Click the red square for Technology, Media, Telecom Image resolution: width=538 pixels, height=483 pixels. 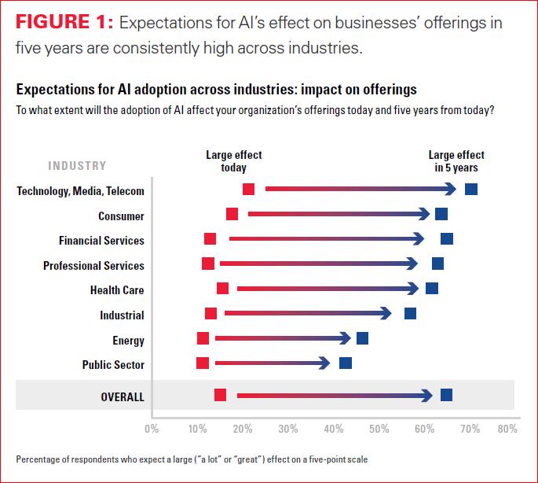click(x=248, y=189)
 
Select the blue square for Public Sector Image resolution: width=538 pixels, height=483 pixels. click(x=346, y=363)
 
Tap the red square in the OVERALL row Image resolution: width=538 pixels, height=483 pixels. click(x=220, y=395)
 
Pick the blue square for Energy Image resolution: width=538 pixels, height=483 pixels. click(x=362, y=338)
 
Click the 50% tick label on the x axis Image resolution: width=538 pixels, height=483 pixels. click(x=379, y=430)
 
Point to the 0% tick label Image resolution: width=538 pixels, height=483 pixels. click(x=152, y=430)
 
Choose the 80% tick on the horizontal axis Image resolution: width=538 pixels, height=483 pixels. click(x=507, y=430)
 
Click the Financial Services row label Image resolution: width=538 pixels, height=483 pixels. click(x=101, y=240)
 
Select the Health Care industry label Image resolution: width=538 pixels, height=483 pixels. click(x=117, y=290)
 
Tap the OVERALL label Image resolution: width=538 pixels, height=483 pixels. click(x=123, y=397)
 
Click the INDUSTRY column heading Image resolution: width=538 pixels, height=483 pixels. click(x=77, y=166)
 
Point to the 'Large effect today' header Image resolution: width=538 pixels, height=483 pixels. click(x=233, y=161)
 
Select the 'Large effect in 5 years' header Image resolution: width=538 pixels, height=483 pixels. click(x=456, y=161)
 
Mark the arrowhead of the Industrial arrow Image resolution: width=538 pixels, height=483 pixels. click(x=386, y=314)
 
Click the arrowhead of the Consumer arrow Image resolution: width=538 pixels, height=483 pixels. click(x=425, y=214)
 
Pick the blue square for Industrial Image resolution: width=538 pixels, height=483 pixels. click(x=410, y=314)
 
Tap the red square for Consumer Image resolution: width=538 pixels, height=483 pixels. click(x=232, y=214)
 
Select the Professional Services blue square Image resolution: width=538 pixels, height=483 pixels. click(x=437, y=264)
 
